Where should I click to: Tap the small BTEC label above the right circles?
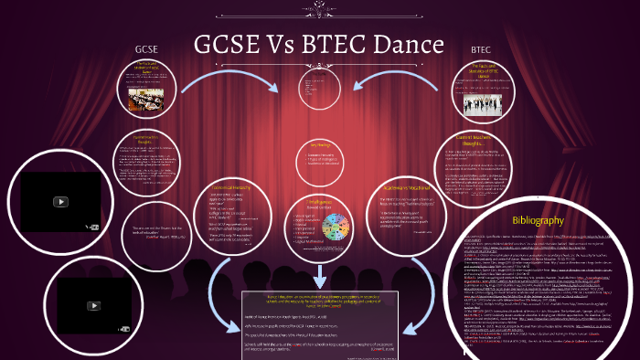point(481,48)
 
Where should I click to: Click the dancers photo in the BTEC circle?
point(491,98)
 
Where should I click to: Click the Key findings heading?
point(319,145)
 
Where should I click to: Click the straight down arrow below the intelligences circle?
point(319,275)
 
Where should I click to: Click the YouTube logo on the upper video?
point(60,202)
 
